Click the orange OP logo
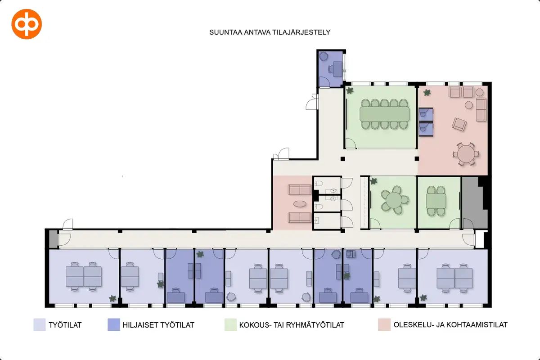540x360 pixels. point(27,24)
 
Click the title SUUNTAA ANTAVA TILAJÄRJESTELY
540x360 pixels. point(270,32)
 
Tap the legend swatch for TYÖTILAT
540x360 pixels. point(40,324)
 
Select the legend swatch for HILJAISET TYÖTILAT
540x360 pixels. point(114,324)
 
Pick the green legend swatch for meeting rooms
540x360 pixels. point(230,324)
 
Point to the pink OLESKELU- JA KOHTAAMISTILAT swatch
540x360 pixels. point(384,324)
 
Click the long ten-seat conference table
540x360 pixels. point(384,114)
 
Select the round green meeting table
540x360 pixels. point(393,200)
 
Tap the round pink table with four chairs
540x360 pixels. point(466,154)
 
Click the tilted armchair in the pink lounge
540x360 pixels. point(459,124)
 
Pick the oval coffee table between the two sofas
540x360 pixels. point(300,204)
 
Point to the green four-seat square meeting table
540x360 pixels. point(436,201)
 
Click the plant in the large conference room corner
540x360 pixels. point(350,90)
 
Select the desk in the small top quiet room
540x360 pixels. point(337,69)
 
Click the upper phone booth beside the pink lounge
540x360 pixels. point(426,115)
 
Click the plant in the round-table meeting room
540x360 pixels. point(373,181)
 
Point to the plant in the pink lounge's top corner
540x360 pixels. point(427,93)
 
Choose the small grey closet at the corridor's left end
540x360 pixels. point(53,238)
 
